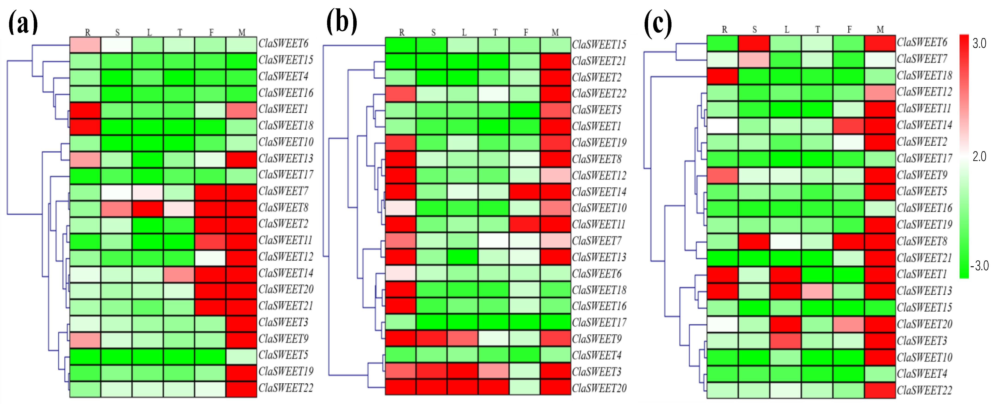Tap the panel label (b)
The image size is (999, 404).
(x=341, y=22)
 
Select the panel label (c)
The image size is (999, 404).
(x=658, y=24)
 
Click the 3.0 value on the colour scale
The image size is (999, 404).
(x=979, y=43)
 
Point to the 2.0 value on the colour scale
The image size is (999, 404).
(x=979, y=157)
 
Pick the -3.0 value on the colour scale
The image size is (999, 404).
(x=979, y=266)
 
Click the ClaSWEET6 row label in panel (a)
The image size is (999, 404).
(x=283, y=43)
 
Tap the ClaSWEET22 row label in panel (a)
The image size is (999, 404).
(x=286, y=388)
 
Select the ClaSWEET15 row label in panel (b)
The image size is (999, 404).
(x=599, y=45)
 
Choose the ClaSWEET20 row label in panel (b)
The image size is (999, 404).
(x=599, y=388)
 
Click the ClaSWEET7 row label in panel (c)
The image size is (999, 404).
(x=922, y=59)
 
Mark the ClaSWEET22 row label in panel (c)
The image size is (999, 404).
(x=924, y=390)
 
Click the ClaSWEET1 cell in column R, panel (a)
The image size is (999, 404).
(x=85, y=110)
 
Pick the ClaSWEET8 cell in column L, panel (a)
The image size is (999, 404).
(x=147, y=209)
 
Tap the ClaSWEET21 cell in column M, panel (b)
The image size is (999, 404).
(x=555, y=61)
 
